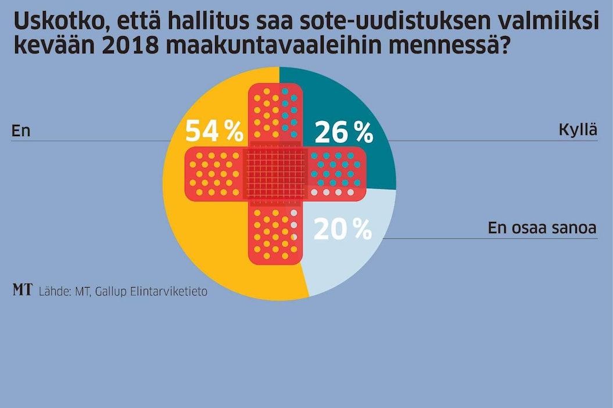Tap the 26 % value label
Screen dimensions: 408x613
click(343, 133)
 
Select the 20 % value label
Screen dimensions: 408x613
click(342, 230)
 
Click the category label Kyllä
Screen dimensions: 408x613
click(578, 130)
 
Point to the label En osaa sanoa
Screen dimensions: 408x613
click(542, 228)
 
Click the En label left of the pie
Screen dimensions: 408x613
click(20, 131)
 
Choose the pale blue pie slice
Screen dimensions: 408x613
click(349, 262)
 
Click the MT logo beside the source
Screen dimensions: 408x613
click(22, 290)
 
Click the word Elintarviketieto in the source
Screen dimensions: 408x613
click(173, 291)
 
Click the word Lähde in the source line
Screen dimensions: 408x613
click(54, 291)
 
